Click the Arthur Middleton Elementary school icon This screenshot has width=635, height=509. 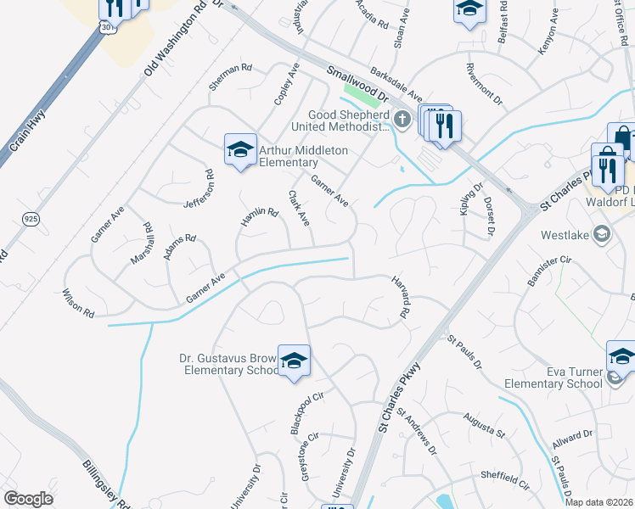tap(240, 150)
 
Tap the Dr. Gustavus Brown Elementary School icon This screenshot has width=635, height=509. tap(294, 361)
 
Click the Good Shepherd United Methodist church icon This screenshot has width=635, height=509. tap(403, 120)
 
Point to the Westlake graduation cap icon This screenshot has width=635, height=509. tap(602, 233)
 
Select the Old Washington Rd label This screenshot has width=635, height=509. tap(177, 39)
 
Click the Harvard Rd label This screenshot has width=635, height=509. tap(401, 297)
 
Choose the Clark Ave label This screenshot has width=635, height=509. tap(299, 208)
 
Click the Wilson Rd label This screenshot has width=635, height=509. tap(77, 302)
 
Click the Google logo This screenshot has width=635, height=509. tap(28, 499)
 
